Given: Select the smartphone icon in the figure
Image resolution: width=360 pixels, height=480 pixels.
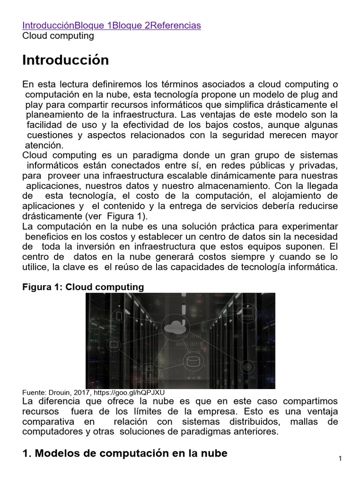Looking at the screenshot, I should pos(119,315).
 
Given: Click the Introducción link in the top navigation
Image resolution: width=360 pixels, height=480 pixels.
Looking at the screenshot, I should pos(48,25).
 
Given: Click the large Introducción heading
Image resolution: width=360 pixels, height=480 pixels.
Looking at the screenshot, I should pos(66,60).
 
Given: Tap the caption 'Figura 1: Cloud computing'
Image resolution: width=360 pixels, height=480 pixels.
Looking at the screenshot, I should pos(83,286).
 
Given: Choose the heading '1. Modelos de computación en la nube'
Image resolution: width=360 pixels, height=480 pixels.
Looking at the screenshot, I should pos(125,453).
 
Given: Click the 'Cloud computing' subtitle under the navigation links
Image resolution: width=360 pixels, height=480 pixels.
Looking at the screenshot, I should pos(58,36).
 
